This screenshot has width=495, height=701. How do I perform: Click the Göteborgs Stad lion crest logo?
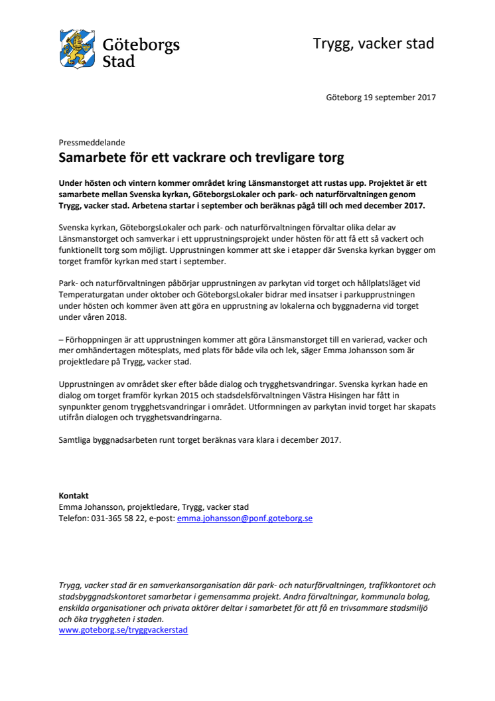pyautogui.click(x=79, y=47)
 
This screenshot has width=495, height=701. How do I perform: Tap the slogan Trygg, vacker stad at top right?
pyautogui.click(x=374, y=44)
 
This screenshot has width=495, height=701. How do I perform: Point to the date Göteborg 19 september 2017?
pyautogui.click(x=381, y=98)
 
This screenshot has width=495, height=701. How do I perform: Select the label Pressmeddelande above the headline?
pyautogui.click(x=92, y=142)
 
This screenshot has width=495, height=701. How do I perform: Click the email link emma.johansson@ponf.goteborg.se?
pyautogui.click(x=244, y=518)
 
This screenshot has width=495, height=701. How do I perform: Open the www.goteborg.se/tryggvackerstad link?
pyautogui.click(x=123, y=629)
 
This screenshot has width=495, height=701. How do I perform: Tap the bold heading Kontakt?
pyautogui.click(x=74, y=496)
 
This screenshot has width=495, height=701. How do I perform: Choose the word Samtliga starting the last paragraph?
pyautogui.click(x=77, y=439)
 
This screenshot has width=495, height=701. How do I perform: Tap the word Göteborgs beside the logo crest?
pyautogui.click(x=141, y=45)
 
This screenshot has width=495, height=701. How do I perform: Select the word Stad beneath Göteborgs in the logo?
pyautogui.click(x=119, y=62)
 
